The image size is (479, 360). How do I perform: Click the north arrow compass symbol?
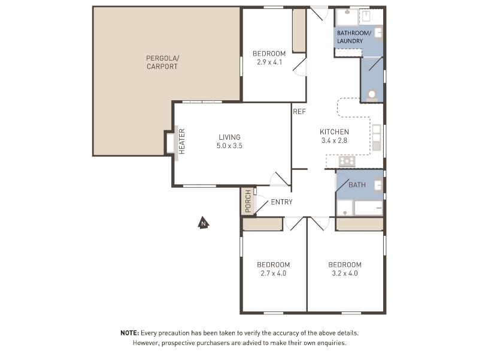point(203,223)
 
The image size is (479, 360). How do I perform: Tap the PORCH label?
point(248,201)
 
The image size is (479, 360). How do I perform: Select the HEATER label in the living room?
point(182,142)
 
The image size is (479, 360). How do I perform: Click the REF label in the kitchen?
point(299,112)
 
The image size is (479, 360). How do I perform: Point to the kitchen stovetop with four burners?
point(347,161)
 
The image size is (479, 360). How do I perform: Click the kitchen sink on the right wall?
point(377,137)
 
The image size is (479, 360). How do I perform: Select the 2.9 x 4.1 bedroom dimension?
point(269,62)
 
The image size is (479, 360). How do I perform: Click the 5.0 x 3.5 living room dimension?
point(229,146)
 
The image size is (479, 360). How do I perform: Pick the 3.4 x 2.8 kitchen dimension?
point(334,140)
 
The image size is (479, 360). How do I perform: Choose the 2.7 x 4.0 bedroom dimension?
point(274,274)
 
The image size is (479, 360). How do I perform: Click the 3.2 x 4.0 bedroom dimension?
point(345,274)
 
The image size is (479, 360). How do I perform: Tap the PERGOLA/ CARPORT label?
point(162,62)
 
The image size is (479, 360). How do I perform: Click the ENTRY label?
point(281,202)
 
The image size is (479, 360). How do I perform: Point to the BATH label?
point(357,185)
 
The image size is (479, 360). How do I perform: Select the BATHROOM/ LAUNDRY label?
point(354,37)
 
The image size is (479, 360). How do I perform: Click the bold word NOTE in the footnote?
point(130,333)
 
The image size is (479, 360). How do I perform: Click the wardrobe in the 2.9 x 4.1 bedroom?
point(299,30)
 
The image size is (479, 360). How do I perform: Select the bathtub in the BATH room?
point(368,208)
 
